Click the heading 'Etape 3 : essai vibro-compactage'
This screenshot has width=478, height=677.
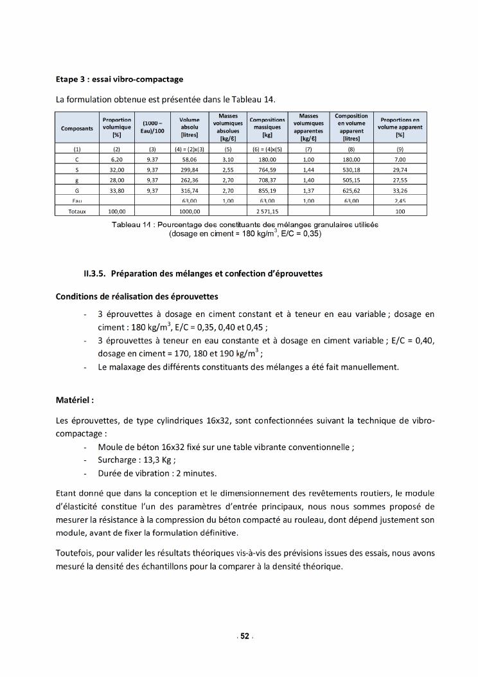point(119,80)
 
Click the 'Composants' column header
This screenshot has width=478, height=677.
point(77,128)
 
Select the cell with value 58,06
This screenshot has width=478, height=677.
point(190,159)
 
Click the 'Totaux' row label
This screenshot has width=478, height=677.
point(77,210)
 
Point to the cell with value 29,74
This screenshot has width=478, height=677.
point(400,169)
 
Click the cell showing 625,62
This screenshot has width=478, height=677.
point(351,190)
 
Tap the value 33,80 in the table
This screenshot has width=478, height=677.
point(117,190)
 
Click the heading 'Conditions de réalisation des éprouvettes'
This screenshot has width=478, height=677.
point(137,296)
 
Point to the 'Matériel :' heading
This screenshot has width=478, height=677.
point(75,400)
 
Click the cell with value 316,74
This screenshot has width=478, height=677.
point(190,190)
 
